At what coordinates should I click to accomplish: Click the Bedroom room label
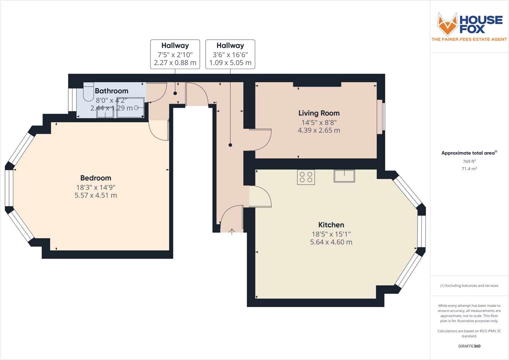coord(96,178)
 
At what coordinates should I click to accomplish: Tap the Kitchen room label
coord(331,225)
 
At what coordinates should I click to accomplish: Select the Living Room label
coord(319,113)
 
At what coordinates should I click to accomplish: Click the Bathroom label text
coord(112,91)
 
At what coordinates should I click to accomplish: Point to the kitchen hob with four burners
coord(306,177)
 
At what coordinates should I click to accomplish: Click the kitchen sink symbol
coord(344,176)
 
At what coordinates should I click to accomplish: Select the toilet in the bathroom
coord(88,92)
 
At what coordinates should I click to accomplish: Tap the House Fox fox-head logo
coord(447,24)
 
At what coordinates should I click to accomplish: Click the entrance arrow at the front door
coord(232,231)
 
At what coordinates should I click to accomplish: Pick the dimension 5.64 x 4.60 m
coord(331,242)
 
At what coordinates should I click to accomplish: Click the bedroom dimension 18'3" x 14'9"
coord(96,187)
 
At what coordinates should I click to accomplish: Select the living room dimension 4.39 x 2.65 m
coord(319,130)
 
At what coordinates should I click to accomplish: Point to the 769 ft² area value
coord(469,161)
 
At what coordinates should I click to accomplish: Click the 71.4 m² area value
coord(469,169)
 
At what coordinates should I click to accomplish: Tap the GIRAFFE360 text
coord(469,346)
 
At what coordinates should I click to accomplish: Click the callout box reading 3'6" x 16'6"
coord(230,54)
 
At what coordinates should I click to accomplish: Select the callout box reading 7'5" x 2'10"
coord(175,54)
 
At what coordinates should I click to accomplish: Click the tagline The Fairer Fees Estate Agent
coord(469,39)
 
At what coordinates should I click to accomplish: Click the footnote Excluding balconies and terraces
coord(469,286)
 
